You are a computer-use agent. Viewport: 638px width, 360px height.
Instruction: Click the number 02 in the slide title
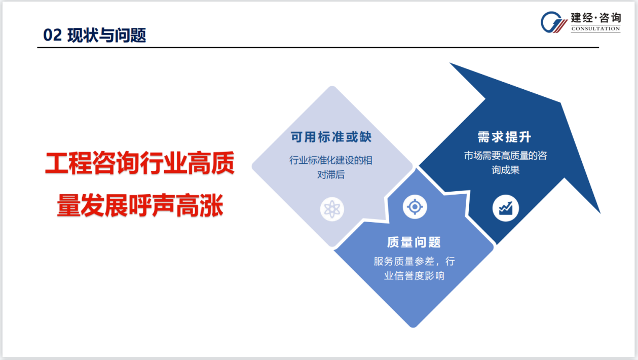(52, 35)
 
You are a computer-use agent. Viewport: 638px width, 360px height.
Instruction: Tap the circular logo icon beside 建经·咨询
(554, 22)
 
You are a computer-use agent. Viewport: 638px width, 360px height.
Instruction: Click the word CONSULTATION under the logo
(595, 29)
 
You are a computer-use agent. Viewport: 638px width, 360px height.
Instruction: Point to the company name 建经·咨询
(595, 18)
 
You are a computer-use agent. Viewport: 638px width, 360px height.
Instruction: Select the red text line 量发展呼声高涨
(140, 205)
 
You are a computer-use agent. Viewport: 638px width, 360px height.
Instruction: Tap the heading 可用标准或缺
(331, 137)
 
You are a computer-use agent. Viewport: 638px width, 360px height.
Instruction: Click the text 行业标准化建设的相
(331, 160)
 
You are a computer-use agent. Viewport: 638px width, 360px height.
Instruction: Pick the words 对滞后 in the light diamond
(331, 175)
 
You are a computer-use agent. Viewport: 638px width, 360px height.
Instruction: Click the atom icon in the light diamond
(332, 208)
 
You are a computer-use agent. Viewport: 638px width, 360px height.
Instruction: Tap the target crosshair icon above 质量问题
(415, 207)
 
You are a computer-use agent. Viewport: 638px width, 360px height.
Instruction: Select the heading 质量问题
(414, 242)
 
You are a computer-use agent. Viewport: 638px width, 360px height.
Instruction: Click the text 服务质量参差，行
(414, 262)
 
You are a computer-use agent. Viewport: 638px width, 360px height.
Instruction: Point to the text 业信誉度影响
(414, 276)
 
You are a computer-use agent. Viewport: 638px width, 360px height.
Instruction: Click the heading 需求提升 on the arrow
(504, 137)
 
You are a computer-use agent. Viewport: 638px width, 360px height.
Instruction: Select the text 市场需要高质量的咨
(505, 156)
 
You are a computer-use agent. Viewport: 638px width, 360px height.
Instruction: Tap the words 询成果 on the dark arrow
(505, 170)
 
